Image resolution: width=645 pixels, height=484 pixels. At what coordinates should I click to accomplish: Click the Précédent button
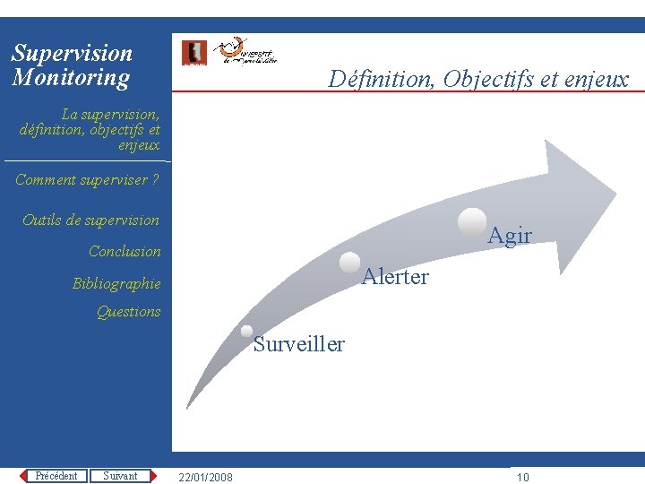click(56, 476)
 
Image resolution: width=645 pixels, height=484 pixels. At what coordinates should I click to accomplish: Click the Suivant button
click(120, 476)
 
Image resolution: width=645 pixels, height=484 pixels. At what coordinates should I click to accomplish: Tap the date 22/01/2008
click(205, 477)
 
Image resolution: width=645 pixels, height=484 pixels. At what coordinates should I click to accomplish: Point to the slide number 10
click(523, 477)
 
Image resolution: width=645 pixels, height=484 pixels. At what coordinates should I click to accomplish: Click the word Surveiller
click(298, 344)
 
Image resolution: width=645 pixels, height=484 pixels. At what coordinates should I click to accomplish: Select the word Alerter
click(395, 277)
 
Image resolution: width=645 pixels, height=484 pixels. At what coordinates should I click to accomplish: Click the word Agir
click(510, 236)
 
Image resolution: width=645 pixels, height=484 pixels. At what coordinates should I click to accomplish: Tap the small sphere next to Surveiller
click(246, 331)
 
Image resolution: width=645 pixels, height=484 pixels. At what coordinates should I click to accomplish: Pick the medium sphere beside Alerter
click(350, 263)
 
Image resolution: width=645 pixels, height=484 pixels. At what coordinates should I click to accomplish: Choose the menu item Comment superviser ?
click(87, 180)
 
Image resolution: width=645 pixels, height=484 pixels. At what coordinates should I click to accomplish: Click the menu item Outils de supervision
click(90, 220)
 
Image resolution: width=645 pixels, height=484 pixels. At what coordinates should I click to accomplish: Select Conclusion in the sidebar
click(125, 252)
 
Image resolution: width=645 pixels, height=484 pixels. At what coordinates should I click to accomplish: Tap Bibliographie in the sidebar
click(116, 284)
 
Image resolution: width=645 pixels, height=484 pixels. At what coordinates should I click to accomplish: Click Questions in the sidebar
click(128, 312)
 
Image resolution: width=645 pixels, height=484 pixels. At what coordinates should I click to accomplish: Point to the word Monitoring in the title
click(71, 78)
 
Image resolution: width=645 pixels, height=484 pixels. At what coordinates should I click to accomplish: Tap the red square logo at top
click(193, 53)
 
